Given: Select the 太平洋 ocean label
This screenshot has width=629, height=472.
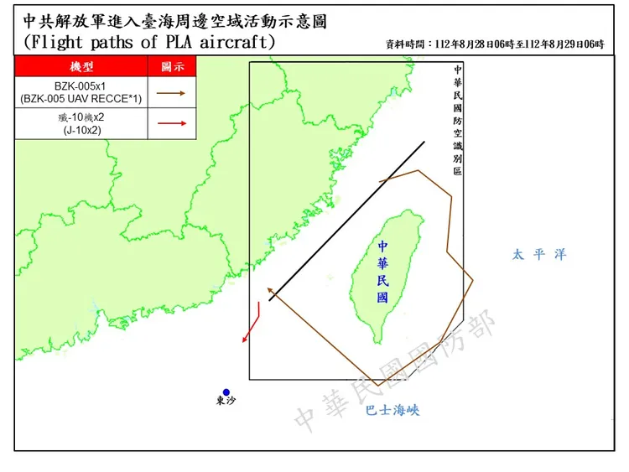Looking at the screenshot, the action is click(x=539, y=254).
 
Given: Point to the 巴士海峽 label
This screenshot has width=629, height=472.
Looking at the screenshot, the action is click(x=392, y=411).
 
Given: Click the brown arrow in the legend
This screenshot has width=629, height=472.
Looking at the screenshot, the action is click(x=172, y=93).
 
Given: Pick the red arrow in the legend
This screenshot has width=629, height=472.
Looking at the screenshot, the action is click(x=172, y=123).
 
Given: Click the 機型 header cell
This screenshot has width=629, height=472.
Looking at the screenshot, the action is click(x=81, y=66).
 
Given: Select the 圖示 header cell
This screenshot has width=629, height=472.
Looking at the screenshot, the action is click(x=172, y=66).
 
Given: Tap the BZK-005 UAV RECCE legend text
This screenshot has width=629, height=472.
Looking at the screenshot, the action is click(x=81, y=93).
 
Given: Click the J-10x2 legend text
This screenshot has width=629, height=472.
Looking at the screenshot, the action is click(x=81, y=123).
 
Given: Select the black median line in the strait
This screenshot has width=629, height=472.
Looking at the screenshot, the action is click(x=347, y=220).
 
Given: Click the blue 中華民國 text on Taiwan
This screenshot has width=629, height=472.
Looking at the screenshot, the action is click(x=383, y=272).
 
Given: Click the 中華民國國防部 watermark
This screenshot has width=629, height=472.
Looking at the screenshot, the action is click(x=394, y=369).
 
